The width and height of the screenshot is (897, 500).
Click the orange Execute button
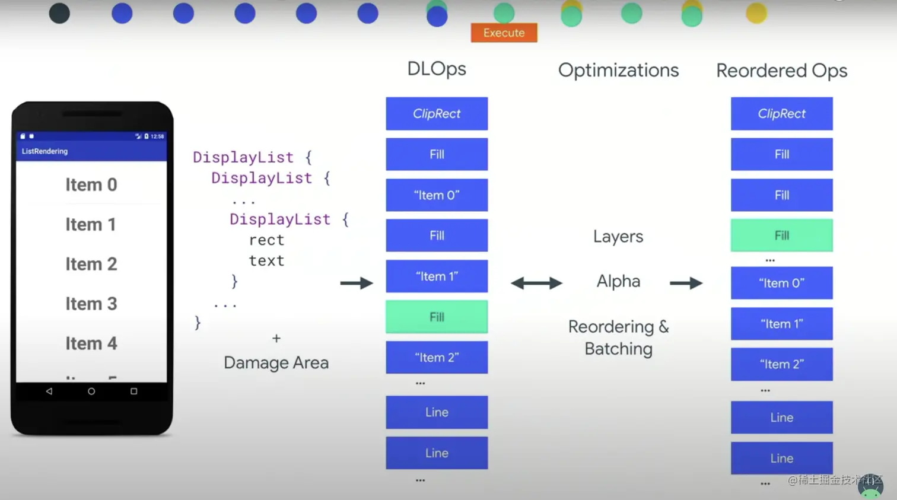504,33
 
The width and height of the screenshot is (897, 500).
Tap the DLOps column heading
437,69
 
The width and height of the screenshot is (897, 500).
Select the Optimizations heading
618,70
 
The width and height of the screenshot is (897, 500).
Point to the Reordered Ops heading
781,71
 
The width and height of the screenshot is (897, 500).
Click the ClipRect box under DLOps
437,113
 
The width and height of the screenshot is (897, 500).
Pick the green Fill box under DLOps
437,317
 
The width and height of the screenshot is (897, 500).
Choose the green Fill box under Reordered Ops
781,235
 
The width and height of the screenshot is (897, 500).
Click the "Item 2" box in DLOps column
437,357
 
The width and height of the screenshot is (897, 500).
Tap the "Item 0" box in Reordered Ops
781,283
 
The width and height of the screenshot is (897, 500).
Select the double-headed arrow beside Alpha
536,283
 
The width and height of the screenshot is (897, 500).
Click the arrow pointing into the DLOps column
357,283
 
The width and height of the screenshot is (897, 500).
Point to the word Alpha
618,281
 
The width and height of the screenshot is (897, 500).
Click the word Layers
618,236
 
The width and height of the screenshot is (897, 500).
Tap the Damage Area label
276,362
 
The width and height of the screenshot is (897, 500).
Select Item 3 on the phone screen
91,304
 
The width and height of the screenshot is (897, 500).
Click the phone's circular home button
91,391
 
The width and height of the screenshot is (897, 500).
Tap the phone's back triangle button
49,391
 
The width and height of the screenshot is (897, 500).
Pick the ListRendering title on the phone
44,151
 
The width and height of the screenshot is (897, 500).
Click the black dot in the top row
59,13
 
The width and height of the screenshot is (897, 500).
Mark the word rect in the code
266,240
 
